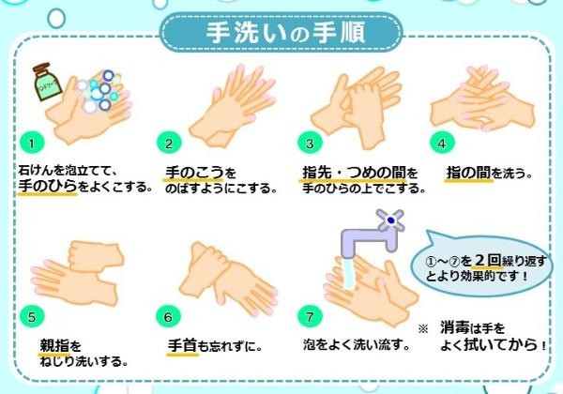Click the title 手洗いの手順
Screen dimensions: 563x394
[x=285, y=32]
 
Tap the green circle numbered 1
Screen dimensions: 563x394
[x=32, y=144]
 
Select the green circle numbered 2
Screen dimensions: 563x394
[x=169, y=144]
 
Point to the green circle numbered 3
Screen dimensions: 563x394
[x=310, y=144]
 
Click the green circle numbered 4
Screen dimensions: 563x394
[x=442, y=143]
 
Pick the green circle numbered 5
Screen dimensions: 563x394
[x=32, y=316]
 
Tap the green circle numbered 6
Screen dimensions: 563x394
[x=168, y=316]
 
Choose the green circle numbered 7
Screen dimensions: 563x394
[x=310, y=316]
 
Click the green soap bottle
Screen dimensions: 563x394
[x=47, y=82]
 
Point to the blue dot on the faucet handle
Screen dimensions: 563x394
[x=391, y=220]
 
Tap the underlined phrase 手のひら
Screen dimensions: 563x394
[x=48, y=186]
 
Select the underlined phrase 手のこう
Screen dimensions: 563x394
[x=194, y=173]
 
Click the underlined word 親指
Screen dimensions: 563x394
[x=54, y=346]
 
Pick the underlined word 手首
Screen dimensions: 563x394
[x=182, y=345]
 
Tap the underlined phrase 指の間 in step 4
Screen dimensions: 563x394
[x=468, y=173]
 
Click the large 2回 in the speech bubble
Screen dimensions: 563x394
[x=488, y=260]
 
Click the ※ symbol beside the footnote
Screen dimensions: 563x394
[x=423, y=328]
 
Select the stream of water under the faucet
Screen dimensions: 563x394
[x=349, y=273]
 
